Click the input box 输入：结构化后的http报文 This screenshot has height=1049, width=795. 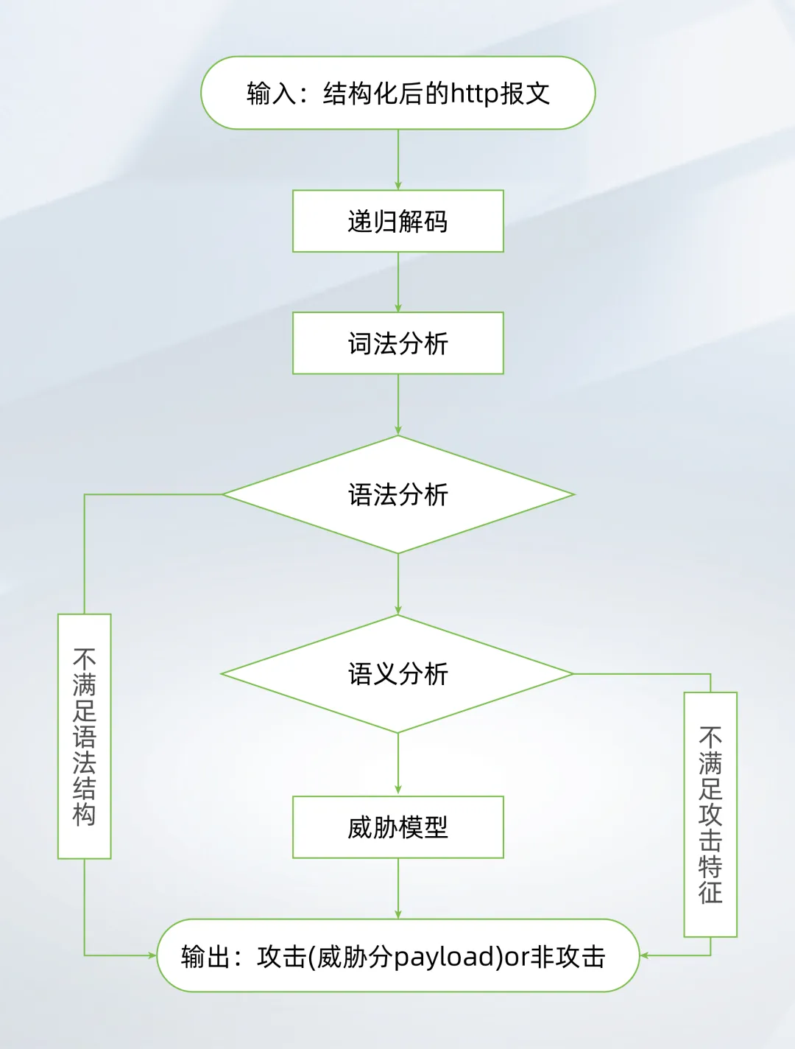click(397, 93)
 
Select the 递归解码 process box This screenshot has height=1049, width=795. click(397, 221)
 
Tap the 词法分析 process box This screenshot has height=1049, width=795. click(397, 343)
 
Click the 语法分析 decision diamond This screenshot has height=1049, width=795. click(397, 494)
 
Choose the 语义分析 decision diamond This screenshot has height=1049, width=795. click(397, 673)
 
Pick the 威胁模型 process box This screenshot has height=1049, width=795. click(397, 827)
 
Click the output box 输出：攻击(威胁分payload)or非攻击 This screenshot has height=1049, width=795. click(397, 955)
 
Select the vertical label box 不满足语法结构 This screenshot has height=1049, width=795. click(85, 736)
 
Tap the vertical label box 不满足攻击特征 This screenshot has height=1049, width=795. click(710, 814)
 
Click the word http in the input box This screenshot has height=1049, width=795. click(474, 94)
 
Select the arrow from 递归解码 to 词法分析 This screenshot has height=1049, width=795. click(398, 282)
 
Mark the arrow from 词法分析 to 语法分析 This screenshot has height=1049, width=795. click(398, 404)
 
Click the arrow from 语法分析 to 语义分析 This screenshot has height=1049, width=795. click(398, 584)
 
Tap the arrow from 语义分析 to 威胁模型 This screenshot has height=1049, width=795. click(398, 764)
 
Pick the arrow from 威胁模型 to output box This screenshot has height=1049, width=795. click(398, 888)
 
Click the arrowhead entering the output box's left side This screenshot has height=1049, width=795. click(152, 955)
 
